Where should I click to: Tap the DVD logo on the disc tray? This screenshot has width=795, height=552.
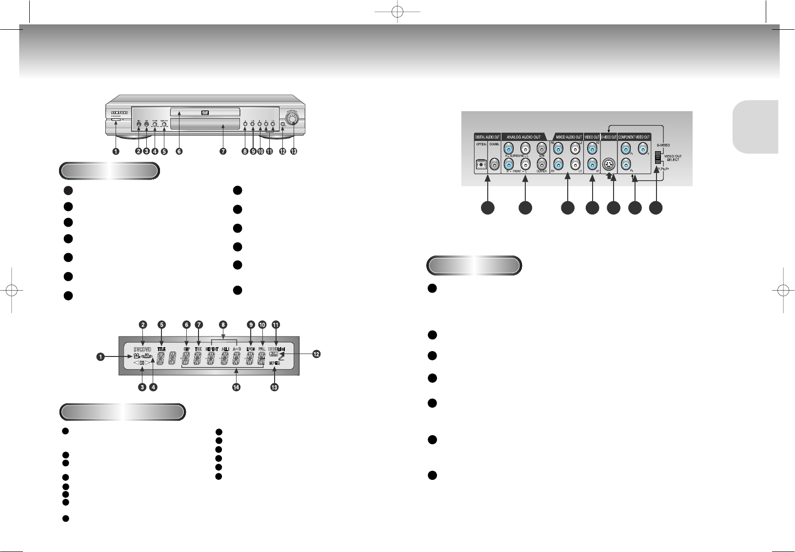point(205,113)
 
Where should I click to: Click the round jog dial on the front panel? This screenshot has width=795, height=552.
point(292,119)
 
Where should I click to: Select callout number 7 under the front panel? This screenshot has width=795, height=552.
point(223,151)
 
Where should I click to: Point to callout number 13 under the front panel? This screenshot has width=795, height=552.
point(293,151)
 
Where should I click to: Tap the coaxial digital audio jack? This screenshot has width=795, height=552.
point(495,165)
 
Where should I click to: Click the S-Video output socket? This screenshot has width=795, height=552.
point(609,164)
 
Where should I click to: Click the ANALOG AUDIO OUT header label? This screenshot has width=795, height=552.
point(524,137)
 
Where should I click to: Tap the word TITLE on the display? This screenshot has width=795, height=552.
point(161,349)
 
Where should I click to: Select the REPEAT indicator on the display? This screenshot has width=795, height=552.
point(211,349)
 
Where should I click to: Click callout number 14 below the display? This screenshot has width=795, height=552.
point(237,387)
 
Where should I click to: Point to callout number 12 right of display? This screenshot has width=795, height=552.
point(316,355)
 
